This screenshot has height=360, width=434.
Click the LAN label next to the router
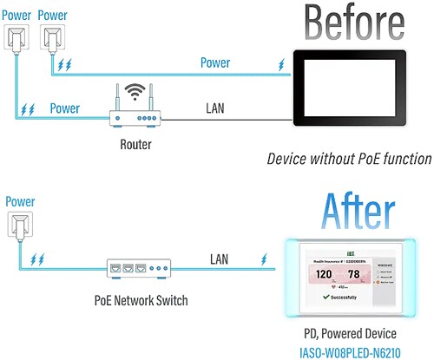(x=216, y=108)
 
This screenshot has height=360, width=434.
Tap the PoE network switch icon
(x=137, y=268)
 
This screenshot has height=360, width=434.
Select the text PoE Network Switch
(x=139, y=300)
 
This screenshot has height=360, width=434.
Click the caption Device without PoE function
(x=349, y=159)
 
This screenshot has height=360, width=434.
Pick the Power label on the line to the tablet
(x=215, y=62)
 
